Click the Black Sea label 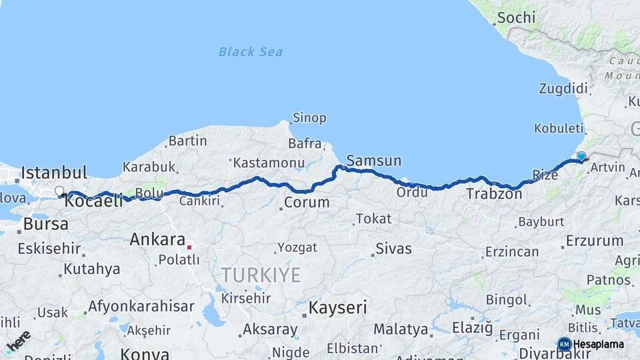[x=250, y=51]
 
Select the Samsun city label [x=374, y=161]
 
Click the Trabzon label [x=494, y=194]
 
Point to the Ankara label [x=157, y=239]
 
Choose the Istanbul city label [x=54, y=173]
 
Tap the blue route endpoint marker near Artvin [x=581, y=157]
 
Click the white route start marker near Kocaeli [x=59, y=191]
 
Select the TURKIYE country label [x=261, y=275]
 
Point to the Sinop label [x=309, y=118]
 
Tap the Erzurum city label [x=595, y=241]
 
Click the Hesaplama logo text [x=599, y=344]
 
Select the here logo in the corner [x=18, y=341]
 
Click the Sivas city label [x=393, y=249]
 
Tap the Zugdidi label [x=563, y=89]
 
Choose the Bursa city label [x=45, y=224]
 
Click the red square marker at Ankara [x=189, y=247]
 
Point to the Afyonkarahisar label [x=141, y=307]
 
